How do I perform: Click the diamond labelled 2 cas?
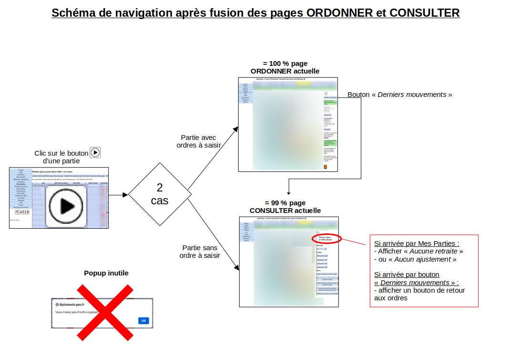click(159, 194)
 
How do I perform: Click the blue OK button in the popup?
click(143, 320)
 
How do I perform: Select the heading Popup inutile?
click(106, 273)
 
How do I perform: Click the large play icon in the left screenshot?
click(66, 206)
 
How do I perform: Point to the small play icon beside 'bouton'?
click(95, 153)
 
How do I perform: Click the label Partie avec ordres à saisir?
click(199, 141)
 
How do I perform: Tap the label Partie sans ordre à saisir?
click(200, 252)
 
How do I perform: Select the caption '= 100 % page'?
click(285, 64)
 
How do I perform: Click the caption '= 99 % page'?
click(285, 203)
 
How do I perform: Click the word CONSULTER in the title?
click(424, 13)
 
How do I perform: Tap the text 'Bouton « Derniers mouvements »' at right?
click(400, 95)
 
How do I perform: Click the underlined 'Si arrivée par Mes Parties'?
click(417, 243)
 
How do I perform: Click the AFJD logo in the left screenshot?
click(22, 211)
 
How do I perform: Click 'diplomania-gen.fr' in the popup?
click(72, 304)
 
